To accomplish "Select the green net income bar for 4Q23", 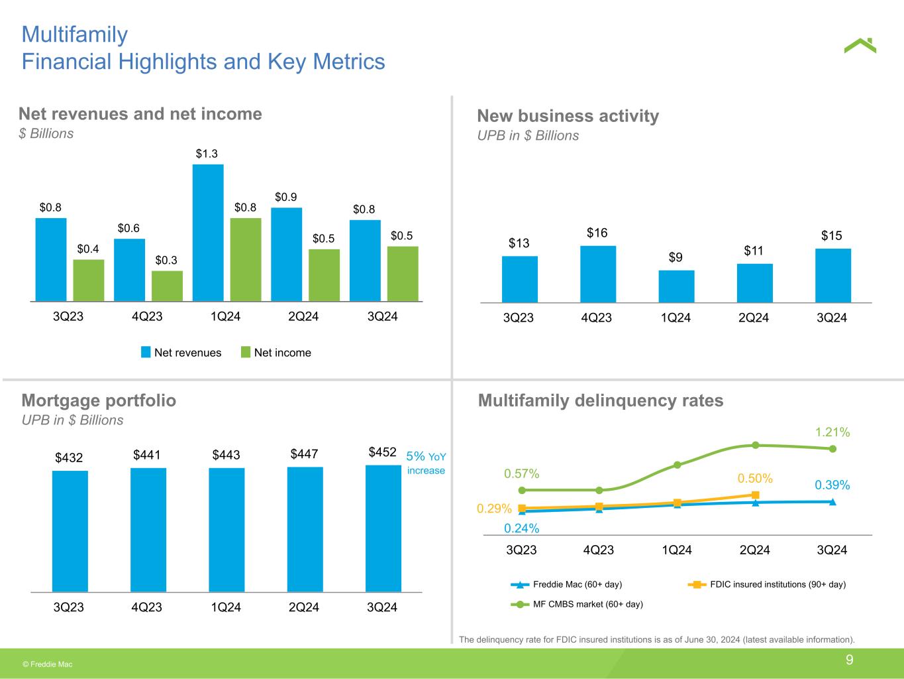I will [x=167, y=286].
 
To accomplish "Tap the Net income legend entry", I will [x=276, y=353].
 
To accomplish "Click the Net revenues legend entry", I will [x=181, y=353].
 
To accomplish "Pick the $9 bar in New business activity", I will [x=676, y=286].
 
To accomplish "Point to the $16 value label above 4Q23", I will [x=597, y=233].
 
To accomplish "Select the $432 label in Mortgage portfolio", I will [x=69, y=458].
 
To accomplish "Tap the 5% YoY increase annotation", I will [x=426, y=463].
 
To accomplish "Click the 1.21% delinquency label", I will [x=832, y=432].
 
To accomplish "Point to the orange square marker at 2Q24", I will [x=755, y=495].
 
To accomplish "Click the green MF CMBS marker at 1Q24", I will [x=677, y=465].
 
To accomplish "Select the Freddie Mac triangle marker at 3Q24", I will [x=832, y=501].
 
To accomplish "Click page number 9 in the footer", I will [x=849, y=660].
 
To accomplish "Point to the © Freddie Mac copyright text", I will [x=48, y=664].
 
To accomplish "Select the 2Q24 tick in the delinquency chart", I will [x=754, y=550].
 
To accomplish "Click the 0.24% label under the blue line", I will [x=521, y=528].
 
